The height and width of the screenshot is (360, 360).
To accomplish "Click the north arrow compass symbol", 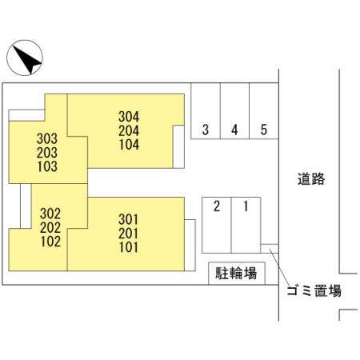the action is click(25, 58).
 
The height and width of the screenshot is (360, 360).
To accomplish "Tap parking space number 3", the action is click(206, 111).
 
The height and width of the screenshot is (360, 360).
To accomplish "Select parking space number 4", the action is click(234, 111).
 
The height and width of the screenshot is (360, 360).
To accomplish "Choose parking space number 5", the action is click(264, 111).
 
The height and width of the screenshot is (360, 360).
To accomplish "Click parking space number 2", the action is click(217, 225).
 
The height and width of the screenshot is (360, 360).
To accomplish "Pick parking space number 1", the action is click(246, 225).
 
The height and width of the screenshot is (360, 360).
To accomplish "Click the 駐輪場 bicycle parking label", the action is click(236, 273).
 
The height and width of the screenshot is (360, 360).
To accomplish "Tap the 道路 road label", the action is click(311, 179).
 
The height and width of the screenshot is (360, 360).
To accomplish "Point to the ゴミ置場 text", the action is click(314, 290).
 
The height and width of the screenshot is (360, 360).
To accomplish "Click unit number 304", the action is click(129, 117).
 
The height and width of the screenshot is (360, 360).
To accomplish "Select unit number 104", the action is click(129, 145).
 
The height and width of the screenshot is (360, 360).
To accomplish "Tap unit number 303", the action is click(47, 138).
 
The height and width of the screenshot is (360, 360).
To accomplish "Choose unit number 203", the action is click(47, 153).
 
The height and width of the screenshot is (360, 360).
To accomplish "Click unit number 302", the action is click(50, 214).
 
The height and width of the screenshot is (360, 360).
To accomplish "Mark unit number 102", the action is click(50, 242).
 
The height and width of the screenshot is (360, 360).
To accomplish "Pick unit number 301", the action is click(129, 219).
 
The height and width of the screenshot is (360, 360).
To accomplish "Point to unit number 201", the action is click(129, 234).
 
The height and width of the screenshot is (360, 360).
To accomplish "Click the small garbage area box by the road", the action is click(270, 249).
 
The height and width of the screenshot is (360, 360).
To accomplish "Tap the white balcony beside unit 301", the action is click(190, 246).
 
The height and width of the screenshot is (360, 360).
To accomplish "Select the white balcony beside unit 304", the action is click(178, 146).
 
